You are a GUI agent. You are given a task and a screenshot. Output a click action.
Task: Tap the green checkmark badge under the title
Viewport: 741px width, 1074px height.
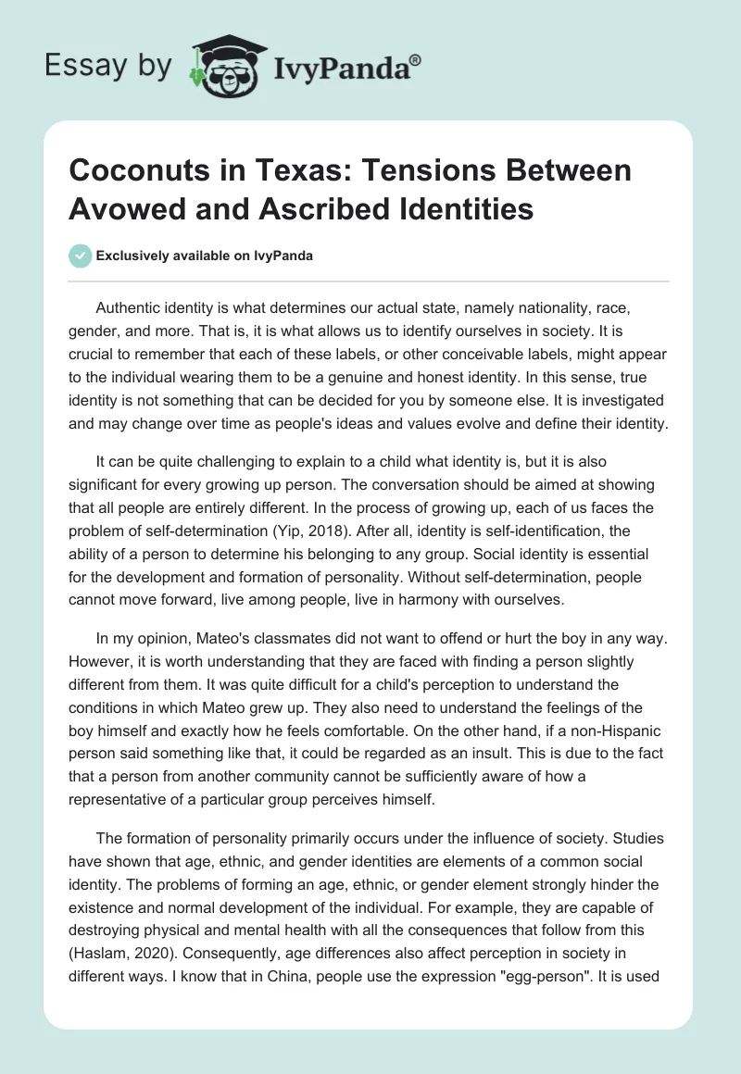[x=80, y=256]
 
